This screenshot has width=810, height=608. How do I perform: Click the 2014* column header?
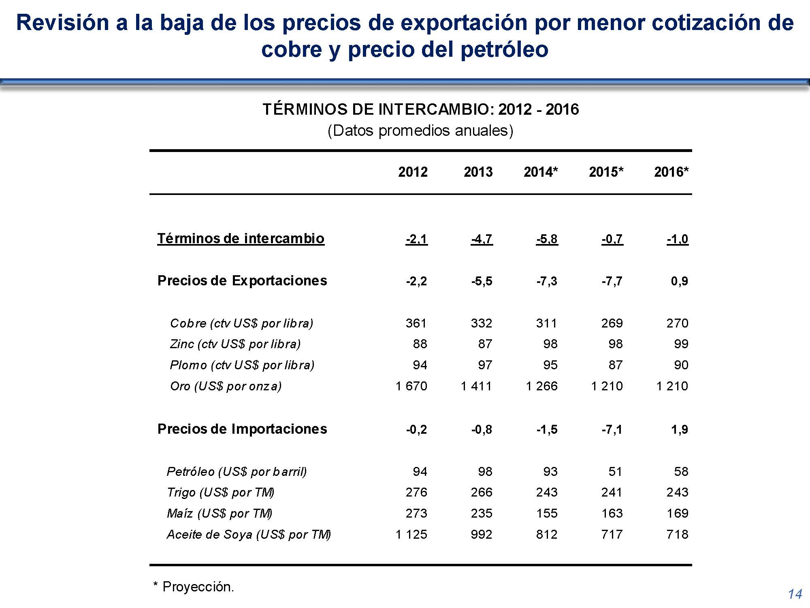pyautogui.click(x=540, y=172)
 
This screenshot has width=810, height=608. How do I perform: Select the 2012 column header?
pyautogui.click(x=413, y=172)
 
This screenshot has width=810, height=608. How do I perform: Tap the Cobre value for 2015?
pyautogui.click(x=612, y=323)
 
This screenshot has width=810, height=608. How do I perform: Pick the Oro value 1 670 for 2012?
pyautogui.click(x=411, y=386)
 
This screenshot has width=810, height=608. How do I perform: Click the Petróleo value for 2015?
pyautogui.click(x=615, y=471)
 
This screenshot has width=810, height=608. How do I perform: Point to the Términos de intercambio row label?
pyautogui.click(x=241, y=238)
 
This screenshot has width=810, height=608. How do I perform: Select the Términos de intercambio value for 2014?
pyautogui.click(x=547, y=239)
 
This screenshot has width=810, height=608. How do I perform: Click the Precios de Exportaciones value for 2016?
pyautogui.click(x=679, y=281)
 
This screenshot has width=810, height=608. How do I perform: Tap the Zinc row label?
pyautogui.click(x=235, y=344)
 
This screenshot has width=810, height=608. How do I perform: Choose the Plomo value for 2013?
pyautogui.click(x=485, y=365)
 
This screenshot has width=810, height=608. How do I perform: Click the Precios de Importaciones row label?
pyautogui.click(x=242, y=429)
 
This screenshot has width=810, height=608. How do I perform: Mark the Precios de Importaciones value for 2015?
pyautogui.click(x=612, y=429)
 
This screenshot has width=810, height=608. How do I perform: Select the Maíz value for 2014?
pyautogui.click(x=547, y=513)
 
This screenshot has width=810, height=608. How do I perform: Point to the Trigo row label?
pyautogui.click(x=220, y=492)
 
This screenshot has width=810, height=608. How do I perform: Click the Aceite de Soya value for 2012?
pyautogui.click(x=411, y=534)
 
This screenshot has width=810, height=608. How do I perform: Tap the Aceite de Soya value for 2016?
pyautogui.click(x=677, y=534)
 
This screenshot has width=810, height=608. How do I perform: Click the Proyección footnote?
pyautogui.click(x=194, y=587)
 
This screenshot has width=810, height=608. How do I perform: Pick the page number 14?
pyautogui.click(x=795, y=594)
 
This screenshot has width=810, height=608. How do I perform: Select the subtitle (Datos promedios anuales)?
pyautogui.click(x=420, y=131)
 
